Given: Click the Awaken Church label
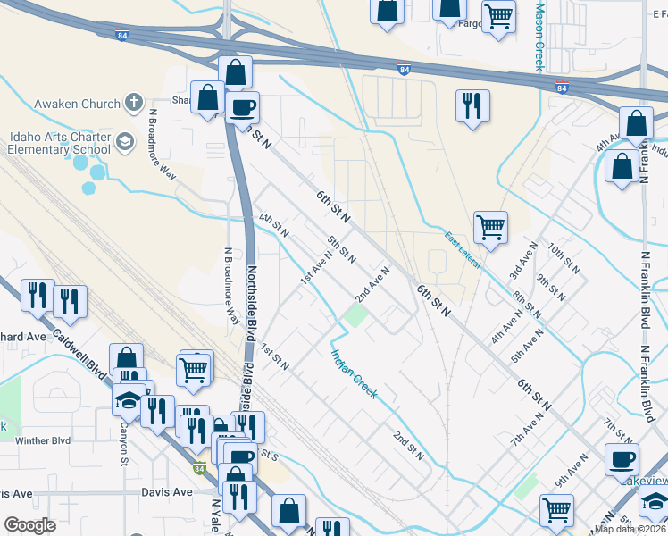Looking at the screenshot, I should [x=77, y=104].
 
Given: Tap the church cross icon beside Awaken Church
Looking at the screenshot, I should [x=134, y=104].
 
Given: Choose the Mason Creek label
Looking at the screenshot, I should [x=539, y=37].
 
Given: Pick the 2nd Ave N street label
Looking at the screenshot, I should [x=373, y=283].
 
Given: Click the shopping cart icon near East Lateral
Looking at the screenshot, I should [x=490, y=227].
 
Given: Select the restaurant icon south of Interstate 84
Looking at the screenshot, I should [x=471, y=105].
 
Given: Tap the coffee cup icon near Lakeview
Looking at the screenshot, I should [x=622, y=459].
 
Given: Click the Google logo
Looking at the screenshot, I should [x=30, y=524].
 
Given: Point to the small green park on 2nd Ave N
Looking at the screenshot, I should [x=356, y=315].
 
